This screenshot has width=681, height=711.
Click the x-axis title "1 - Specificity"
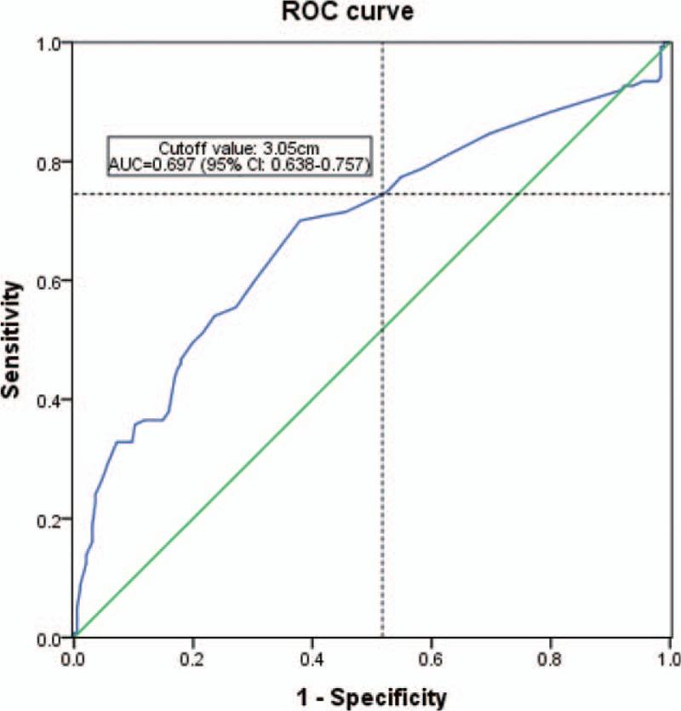[x=373, y=697]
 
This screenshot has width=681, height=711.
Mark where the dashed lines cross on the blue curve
[x=382, y=194]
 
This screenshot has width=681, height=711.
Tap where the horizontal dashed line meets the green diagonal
[x=518, y=194]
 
